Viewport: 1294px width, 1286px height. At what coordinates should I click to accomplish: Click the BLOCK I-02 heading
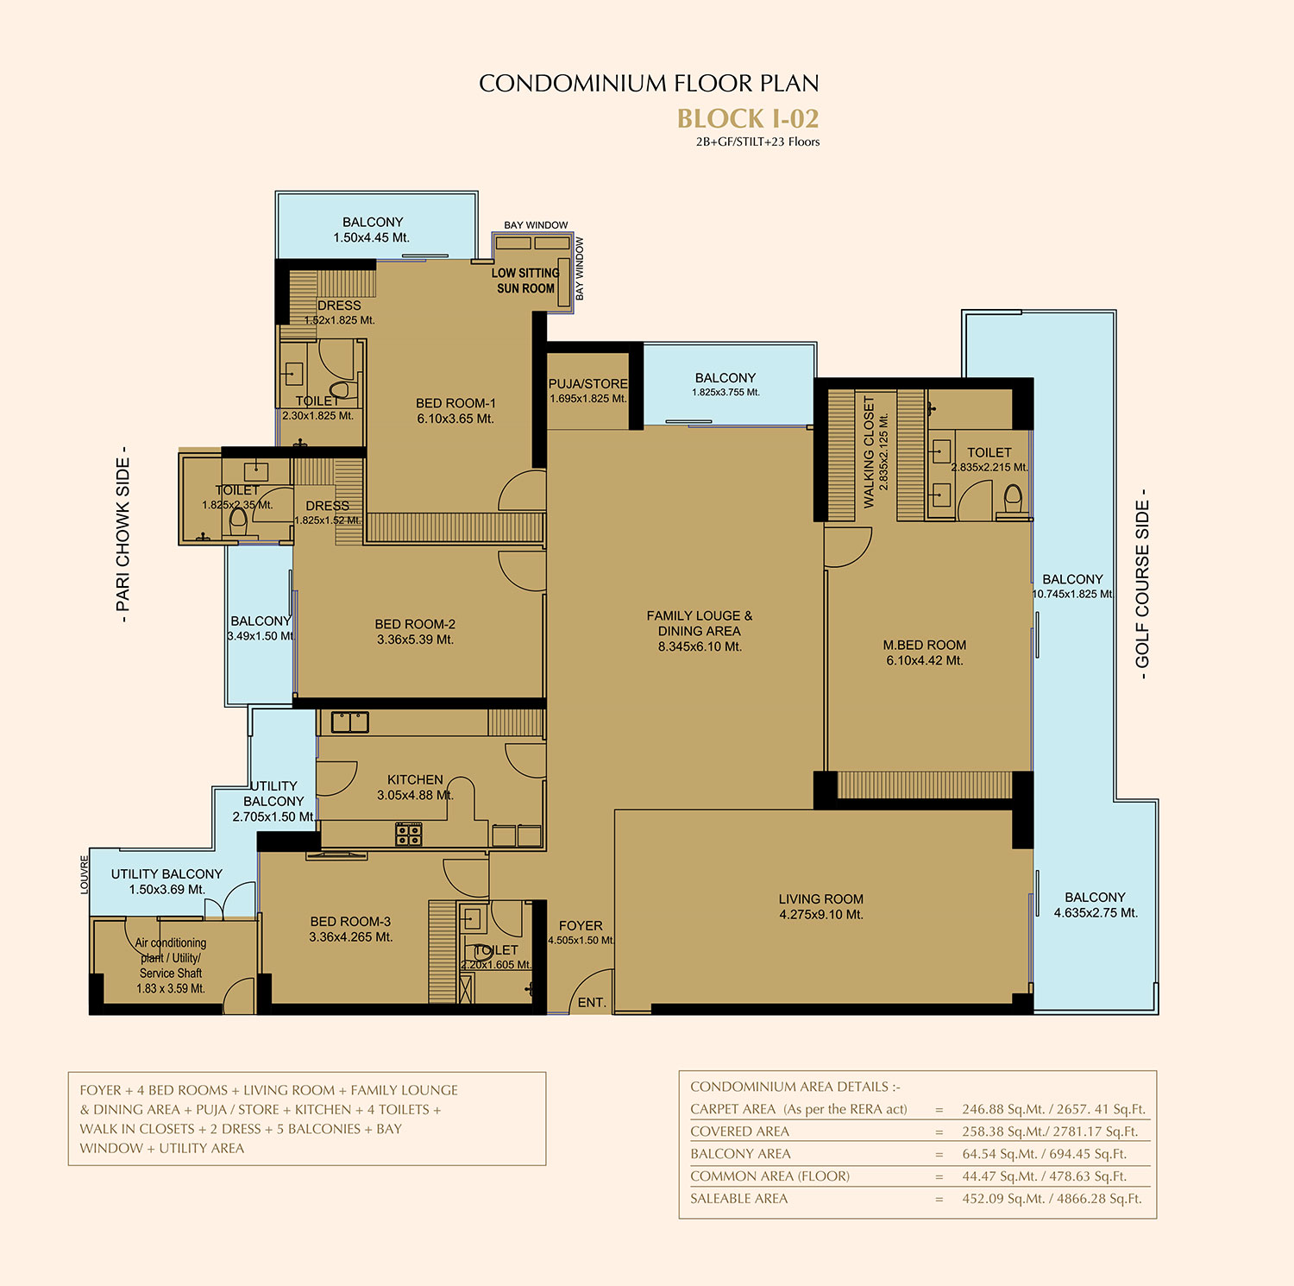[748, 118]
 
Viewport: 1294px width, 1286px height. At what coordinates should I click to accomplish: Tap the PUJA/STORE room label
[588, 383]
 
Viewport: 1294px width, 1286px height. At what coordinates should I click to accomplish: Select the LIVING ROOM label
[820, 898]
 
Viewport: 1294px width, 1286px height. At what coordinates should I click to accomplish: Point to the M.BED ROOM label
[925, 645]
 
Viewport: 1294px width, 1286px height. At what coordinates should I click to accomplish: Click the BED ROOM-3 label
[350, 921]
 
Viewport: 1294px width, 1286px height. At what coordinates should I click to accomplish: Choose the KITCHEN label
[415, 779]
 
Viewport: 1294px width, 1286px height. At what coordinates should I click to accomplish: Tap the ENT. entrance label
[592, 1002]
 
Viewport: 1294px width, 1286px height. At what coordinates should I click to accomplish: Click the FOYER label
[581, 925]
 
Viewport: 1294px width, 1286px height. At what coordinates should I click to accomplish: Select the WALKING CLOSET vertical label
[869, 451]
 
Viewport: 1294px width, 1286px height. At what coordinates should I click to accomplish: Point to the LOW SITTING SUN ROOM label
[525, 281]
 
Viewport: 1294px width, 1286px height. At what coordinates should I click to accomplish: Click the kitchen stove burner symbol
[409, 834]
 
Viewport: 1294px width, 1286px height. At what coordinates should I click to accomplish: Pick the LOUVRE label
[85, 874]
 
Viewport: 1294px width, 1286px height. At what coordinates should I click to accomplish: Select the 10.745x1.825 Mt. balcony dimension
[1073, 595]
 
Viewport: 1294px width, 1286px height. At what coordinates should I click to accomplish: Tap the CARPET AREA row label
[732, 1109]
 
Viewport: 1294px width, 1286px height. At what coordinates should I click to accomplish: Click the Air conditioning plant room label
[171, 943]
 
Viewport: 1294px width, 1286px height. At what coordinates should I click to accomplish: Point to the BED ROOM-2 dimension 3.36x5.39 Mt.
[415, 640]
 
